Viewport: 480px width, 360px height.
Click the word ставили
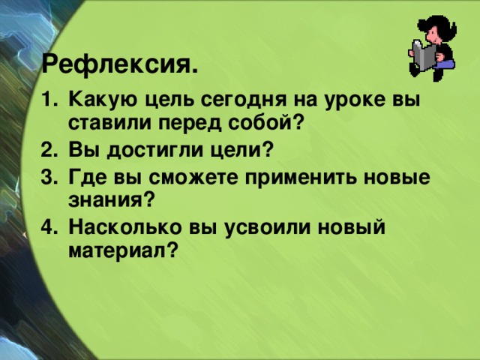click(x=101, y=121)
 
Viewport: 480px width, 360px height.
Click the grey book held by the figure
click(x=425, y=56)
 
